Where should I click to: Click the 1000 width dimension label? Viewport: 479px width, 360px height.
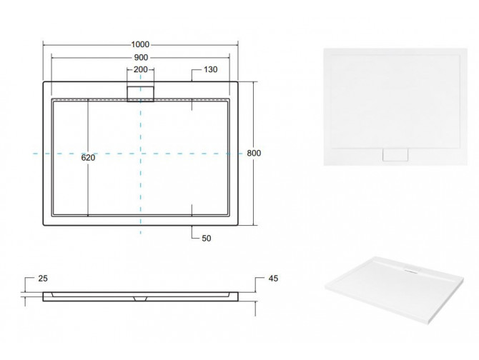click(140, 44)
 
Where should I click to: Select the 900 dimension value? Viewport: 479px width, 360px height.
click(141, 57)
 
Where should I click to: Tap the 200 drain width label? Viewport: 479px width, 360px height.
click(141, 69)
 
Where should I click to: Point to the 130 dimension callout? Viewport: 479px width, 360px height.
click(210, 69)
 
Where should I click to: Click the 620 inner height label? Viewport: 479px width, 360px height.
click(88, 158)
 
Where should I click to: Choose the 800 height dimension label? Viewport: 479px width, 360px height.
click(254, 153)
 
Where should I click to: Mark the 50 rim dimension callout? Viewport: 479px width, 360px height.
click(207, 239)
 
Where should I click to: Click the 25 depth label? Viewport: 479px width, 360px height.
click(43, 279)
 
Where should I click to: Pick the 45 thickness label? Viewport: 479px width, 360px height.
click(273, 279)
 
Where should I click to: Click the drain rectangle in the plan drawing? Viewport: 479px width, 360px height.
click(141, 94)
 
